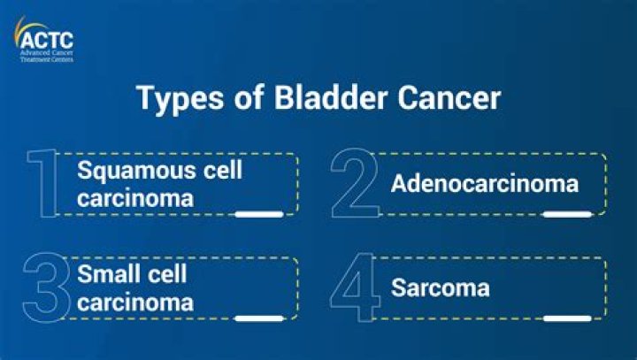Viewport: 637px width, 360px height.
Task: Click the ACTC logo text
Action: [x=46, y=39]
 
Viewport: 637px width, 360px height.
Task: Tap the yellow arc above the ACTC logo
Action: [x=27, y=25]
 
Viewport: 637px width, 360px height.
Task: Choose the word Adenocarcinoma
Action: [x=484, y=184]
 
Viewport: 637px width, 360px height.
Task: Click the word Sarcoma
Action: [x=440, y=288]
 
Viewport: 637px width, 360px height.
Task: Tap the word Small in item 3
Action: [x=106, y=274]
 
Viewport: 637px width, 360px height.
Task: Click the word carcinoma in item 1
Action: [x=134, y=198]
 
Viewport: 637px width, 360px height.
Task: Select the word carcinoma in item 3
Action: [x=134, y=303]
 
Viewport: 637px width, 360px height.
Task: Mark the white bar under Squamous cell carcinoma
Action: [x=258, y=214]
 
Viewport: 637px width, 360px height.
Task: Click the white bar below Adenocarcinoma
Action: [x=567, y=214]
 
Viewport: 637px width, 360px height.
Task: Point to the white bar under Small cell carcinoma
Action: [x=258, y=318]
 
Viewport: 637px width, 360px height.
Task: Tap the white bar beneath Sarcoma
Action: [x=567, y=318]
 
